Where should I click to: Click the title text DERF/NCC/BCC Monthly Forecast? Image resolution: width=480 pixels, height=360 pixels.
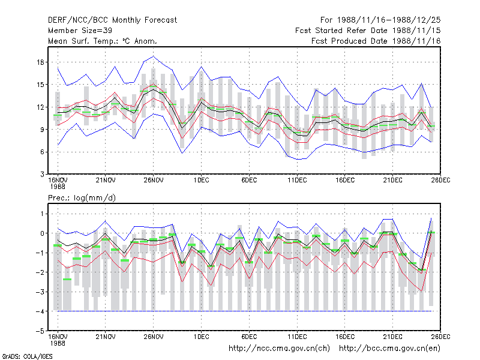click(x=112, y=20)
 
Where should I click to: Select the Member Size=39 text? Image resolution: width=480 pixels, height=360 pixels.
click(x=80, y=31)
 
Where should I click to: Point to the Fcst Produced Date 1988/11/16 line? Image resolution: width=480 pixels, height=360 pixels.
click(x=376, y=41)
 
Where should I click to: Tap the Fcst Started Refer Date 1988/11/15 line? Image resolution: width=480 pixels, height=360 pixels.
click(x=368, y=31)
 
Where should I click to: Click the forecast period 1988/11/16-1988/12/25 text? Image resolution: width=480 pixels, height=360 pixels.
click(x=380, y=20)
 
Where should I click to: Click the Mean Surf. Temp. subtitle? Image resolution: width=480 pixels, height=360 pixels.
click(x=103, y=41)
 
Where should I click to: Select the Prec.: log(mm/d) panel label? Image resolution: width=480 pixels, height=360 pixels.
click(x=82, y=198)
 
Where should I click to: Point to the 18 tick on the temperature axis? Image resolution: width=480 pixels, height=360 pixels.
click(x=40, y=62)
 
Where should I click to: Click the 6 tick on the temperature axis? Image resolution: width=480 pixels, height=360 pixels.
click(x=42, y=152)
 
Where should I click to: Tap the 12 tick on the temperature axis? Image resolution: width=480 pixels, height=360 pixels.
click(x=40, y=107)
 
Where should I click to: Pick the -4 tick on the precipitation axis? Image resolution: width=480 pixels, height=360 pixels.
click(x=40, y=311)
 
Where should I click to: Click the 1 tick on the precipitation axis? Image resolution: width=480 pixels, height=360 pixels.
click(x=43, y=214)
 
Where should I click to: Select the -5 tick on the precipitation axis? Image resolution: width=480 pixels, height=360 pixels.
click(x=40, y=331)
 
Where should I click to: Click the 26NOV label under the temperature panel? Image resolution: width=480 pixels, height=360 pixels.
click(x=154, y=180)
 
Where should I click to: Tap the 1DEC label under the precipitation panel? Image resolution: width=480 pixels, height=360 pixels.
click(x=201, y=337)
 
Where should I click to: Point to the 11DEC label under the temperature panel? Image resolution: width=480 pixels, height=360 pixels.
click(x=297, y=180)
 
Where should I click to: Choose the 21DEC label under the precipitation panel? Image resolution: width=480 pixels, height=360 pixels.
click(x=392, y=337)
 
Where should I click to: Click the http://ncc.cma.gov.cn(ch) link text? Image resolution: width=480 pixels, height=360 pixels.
click(x=279, y=349)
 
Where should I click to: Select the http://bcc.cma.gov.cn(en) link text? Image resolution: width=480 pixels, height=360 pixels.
click(x=389, y=349)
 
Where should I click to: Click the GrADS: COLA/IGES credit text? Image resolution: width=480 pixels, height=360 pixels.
click(x=27, y=356)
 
